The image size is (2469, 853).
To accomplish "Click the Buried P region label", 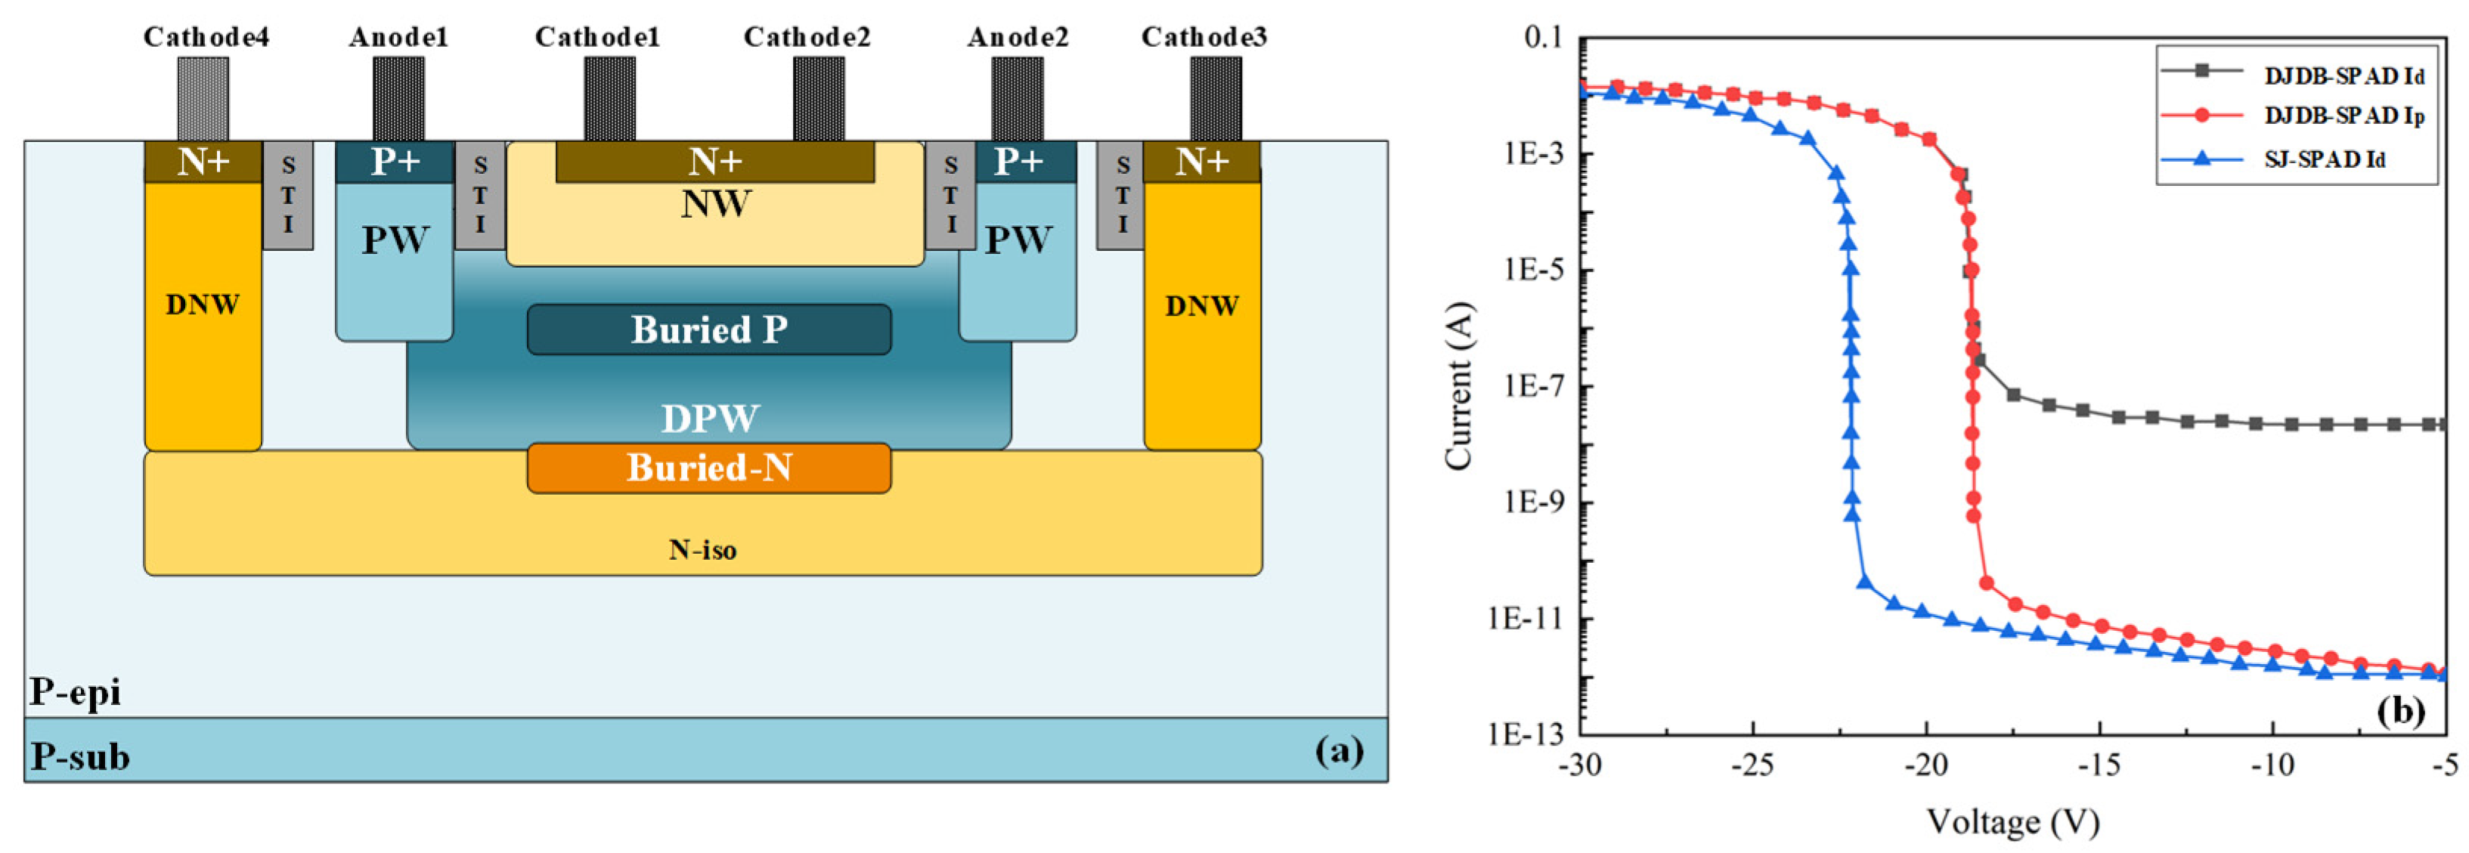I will tap(709, 329).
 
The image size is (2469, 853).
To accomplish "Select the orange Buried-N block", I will tap(709, 468).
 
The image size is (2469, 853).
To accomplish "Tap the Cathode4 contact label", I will tap(206, 36).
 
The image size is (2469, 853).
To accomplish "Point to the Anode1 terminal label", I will tap(398, 36).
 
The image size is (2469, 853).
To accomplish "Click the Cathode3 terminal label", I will tap(1204, 36).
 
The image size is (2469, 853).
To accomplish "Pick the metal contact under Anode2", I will tap(1017, 99).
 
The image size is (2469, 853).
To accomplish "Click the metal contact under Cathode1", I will tap(609, 99).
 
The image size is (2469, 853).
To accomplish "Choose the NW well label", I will tap(716, 204).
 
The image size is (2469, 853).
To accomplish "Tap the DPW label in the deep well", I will tap(710, 418).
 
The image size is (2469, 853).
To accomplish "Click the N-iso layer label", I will tap(702, 549).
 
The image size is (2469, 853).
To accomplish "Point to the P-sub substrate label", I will tap(79, 756).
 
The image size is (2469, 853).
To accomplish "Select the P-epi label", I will tap(75, 691).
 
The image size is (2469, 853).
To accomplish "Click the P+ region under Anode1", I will tap(394, 162).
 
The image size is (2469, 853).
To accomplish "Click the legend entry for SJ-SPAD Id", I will tap(2323, 158).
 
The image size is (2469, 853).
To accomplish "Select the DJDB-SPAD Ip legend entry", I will tap(2343, 115).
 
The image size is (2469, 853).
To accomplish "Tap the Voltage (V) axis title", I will tap(2012, 821).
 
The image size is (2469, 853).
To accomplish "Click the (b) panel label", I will tap(2400, 710).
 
